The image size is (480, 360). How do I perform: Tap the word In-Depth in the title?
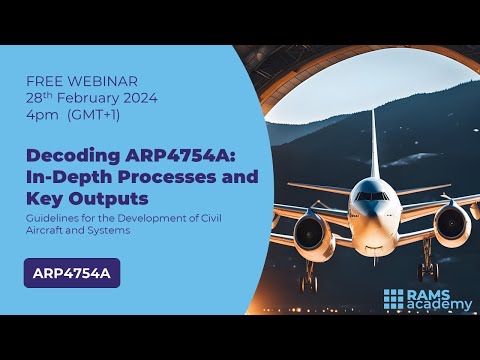pyautogui.click(x=62, y=177)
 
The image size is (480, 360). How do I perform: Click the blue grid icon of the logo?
pyautogui.click(x=395, y=298)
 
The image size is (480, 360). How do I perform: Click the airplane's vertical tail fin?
pyautogui.click(x=373, y=135)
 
